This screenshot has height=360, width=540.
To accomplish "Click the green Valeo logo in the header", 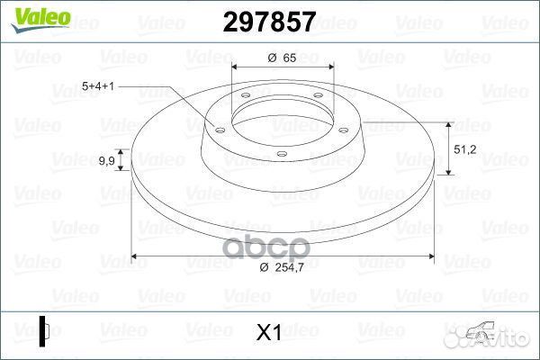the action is (x=40, y=19).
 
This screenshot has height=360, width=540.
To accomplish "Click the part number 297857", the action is (x=269, y=22).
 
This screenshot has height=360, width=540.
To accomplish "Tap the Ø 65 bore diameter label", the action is (x=282, y=58).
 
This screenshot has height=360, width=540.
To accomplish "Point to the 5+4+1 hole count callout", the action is (x=98, y=86).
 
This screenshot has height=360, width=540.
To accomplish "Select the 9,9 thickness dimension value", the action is (x=106, y=160).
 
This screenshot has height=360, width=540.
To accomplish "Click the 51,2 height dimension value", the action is (x=465, y=149).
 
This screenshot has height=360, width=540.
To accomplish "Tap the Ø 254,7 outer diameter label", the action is (x=282, y=267).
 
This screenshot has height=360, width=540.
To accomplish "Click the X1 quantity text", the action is (x=269, y=333).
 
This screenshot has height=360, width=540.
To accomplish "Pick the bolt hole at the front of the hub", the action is (x=282, y=154).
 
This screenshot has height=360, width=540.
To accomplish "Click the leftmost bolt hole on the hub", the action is (x=220, y=130).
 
